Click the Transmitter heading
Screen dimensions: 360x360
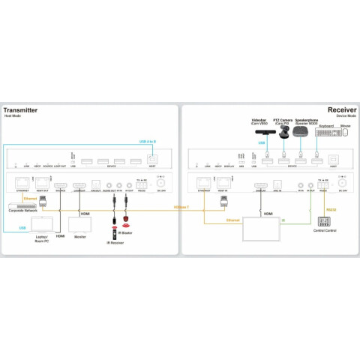(x=21, y=110)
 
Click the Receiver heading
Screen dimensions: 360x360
(x=340, y=110)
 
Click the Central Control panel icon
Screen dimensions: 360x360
(x=325, y=222)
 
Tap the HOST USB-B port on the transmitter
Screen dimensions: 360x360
(x=152, y=159)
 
